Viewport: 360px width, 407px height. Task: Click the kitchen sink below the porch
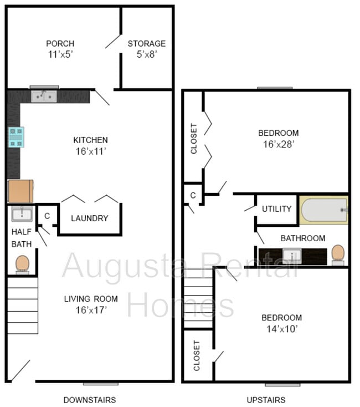[44, 96]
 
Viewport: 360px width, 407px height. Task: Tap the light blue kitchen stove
[16, 137]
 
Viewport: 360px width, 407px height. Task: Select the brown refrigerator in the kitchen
[20, 191]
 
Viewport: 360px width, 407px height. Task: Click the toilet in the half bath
[22, 263]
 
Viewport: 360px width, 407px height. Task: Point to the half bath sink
[22, 213]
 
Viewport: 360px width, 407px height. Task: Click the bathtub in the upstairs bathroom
[324, 210]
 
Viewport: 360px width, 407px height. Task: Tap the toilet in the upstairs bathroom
[337, 254]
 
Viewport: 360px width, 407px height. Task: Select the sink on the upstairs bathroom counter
[292, 256]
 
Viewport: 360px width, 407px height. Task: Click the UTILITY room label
[276, 209]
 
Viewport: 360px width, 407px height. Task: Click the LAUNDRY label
[89, 218]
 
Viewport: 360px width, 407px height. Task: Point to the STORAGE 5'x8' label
[147, 49]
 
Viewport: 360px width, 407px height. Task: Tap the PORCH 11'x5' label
[60, 49]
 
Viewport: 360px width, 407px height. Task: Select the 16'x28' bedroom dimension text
[279, 144]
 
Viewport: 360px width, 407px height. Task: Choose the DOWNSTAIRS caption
[90, 399]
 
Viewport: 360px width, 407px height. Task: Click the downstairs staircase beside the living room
[23, 305]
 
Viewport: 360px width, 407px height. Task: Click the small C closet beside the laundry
[47, 216]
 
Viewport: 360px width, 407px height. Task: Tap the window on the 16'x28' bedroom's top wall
[275, 88]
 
